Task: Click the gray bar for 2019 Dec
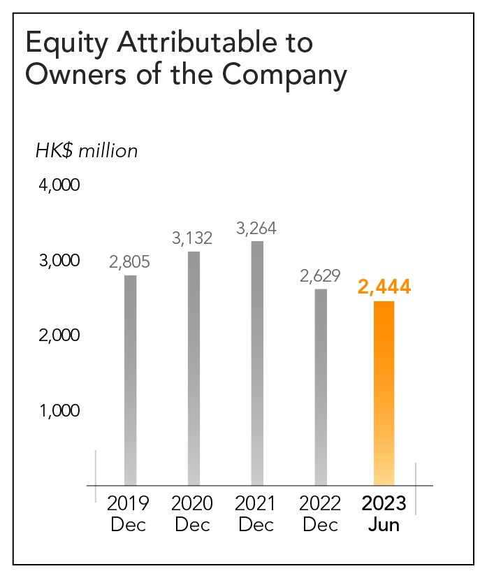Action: [x=130, y=380]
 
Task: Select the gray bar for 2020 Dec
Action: [x=194, y=368]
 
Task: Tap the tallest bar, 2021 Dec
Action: [x=257, y=363]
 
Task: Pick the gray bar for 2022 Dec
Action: [x=321, y=386]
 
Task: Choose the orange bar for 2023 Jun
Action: [x=384, y=393]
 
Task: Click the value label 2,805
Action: [x=130, y=262]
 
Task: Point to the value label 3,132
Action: [x=192, y=238]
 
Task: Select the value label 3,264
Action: [x=256, y=228]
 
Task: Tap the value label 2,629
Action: [x=320, y=275]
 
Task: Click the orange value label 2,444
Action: [x=384, y=287]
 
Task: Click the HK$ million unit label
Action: [x=87, y=151]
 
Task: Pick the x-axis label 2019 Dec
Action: [x=129, y=514]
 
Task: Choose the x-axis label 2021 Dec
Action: [x=256, y=514]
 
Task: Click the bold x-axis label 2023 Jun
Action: [x=384, y=514]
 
